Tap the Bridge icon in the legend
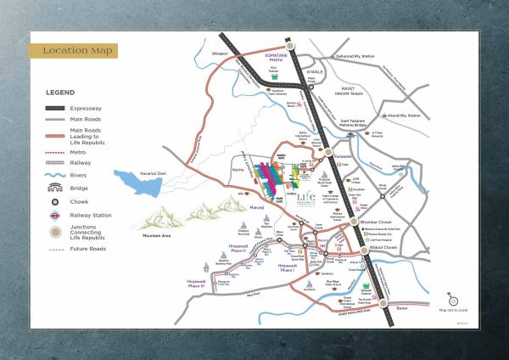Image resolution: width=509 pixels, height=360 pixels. [54, 188]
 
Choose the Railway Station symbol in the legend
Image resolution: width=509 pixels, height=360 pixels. [54, 216]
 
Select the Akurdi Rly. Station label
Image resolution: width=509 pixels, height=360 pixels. [402, 115]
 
